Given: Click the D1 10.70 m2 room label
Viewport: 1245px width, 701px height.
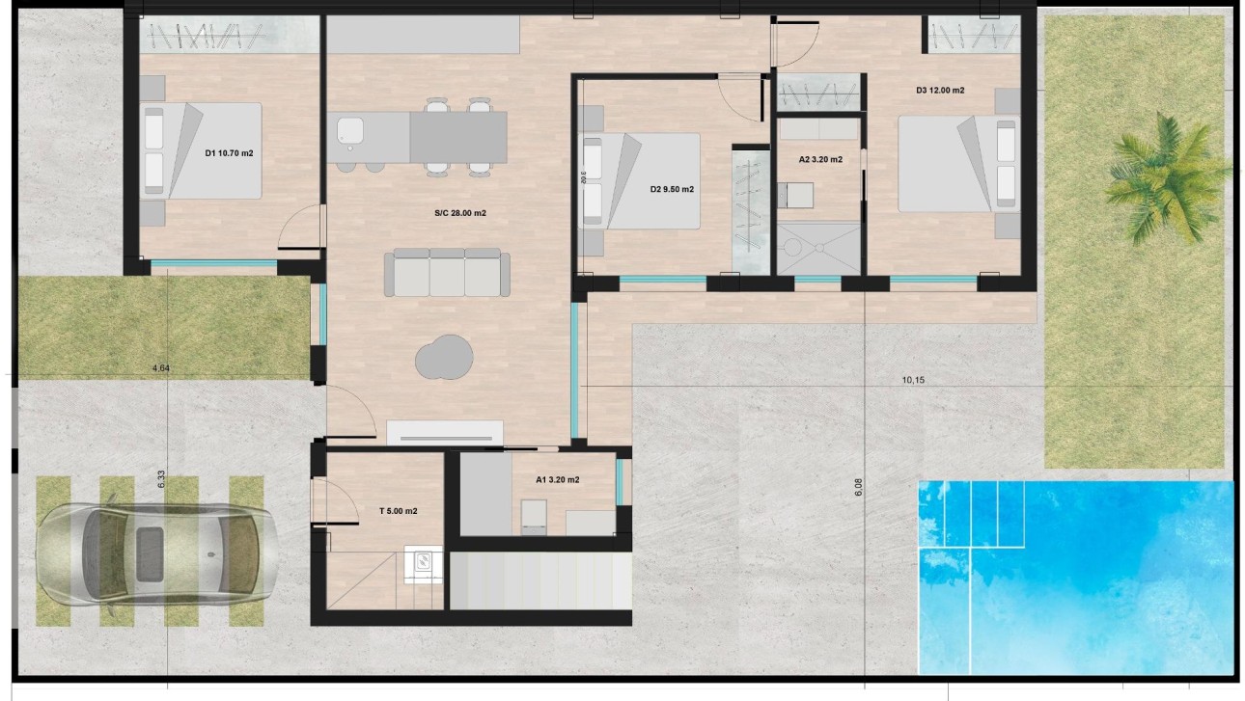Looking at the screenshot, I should pos(229,153).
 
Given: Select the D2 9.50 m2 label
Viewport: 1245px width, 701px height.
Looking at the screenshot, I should pos(672,189).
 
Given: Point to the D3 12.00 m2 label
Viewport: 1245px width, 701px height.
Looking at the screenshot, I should pos(940,91).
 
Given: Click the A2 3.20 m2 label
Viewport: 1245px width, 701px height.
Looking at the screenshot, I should pos(820,159).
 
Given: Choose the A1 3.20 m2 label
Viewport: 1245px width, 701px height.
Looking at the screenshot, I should pos(558,479).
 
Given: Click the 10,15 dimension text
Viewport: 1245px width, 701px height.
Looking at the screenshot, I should pos(913,380).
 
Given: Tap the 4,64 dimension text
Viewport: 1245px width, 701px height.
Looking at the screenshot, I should pos(160,367).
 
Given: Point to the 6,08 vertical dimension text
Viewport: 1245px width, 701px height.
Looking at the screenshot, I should pos(858,488).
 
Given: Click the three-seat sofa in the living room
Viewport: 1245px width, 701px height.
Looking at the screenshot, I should pos(447,272).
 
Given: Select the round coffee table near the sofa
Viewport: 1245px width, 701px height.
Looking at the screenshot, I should pos(445,357).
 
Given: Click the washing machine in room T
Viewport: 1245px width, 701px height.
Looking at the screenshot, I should pos(423,564).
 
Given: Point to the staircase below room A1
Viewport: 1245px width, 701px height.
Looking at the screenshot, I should pos(540,580).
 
